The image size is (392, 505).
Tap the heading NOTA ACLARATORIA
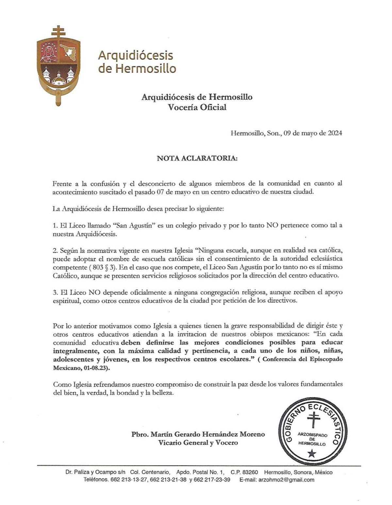(197, 158)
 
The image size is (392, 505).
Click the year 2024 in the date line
(335, 133)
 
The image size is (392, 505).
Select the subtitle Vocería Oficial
(197, 107)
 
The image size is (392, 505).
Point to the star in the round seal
(312, 453)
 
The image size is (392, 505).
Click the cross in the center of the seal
(313, 420)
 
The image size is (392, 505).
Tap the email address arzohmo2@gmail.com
(286, 480)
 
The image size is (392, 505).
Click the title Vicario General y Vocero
(198, 443)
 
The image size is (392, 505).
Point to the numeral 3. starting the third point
(55, 292)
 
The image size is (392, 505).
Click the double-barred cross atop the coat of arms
(58, 32)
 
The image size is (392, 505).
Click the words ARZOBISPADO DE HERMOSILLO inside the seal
(312, 439)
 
